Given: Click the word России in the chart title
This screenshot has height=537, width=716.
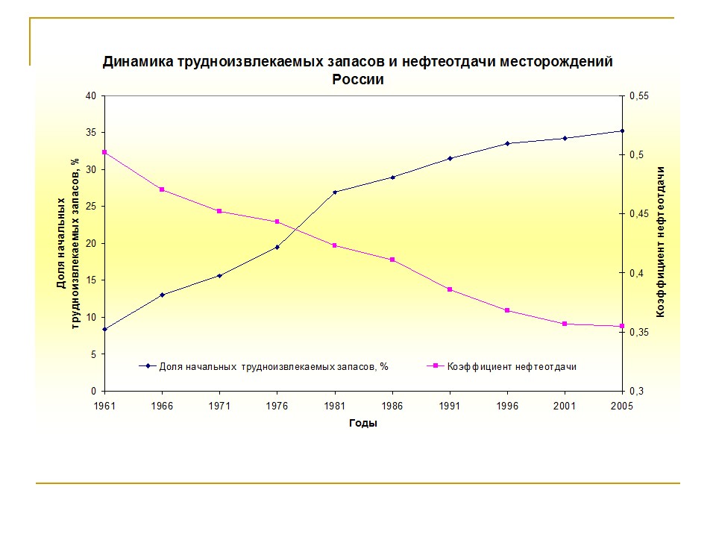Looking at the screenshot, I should [357, 80].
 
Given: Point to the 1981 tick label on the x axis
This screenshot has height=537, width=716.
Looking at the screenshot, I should [334, 406].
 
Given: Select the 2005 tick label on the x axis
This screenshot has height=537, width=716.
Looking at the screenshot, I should [621, 406].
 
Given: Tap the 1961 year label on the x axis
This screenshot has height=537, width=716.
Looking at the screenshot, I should [105, 406].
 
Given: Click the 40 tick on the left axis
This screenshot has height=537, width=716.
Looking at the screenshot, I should [92, 96].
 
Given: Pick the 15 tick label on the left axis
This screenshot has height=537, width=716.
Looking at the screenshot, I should [92, 280].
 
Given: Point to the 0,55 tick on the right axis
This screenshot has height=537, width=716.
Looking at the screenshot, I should [641, 96].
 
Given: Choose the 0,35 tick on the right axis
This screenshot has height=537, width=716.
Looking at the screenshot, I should [641, 332].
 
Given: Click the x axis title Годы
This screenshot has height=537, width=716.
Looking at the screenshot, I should [363, 424].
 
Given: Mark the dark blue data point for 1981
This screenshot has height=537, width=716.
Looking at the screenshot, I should [335, 192].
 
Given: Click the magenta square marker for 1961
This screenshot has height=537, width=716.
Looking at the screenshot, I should [104, 152].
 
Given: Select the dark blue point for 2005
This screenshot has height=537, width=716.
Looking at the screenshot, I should [622, 131].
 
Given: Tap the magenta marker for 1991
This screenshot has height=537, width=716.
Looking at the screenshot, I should [450, 289].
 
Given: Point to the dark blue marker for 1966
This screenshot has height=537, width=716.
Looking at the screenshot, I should [162, 295].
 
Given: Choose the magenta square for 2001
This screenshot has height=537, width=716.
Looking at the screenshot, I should [565, 324].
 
